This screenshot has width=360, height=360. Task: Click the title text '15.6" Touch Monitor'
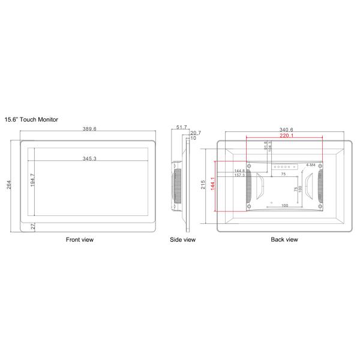(31, 120)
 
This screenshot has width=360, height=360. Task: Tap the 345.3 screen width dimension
(89, 159)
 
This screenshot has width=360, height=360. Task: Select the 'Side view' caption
(182, 239)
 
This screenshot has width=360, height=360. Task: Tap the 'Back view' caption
(284, 239)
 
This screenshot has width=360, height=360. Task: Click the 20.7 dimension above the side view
(196, 133)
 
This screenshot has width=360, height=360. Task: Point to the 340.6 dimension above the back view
(284, 130)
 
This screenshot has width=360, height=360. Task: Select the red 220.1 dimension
(284, 136)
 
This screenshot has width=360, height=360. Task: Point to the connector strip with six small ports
(284, 168)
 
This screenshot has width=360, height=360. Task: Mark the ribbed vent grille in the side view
(178, 187)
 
